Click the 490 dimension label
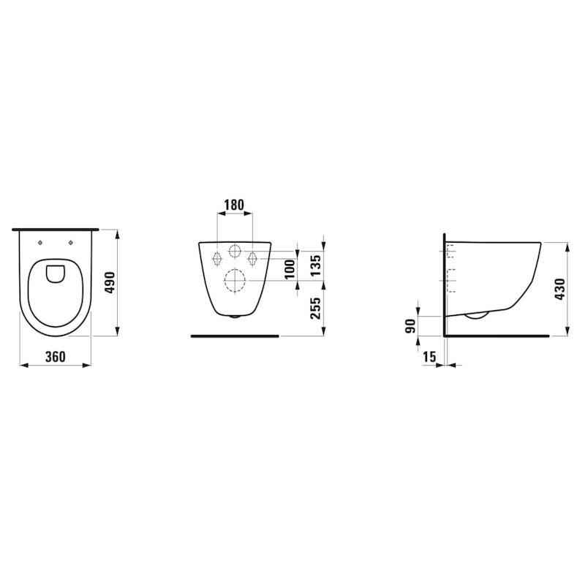coord(111,283)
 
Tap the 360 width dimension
coord(56,357)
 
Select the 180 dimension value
coord(234,205)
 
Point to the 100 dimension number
coord(290,269)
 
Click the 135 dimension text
coord(315,265)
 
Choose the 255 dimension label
coord(315,308)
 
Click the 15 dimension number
coord(429,357)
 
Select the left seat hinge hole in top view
coord(41,243)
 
